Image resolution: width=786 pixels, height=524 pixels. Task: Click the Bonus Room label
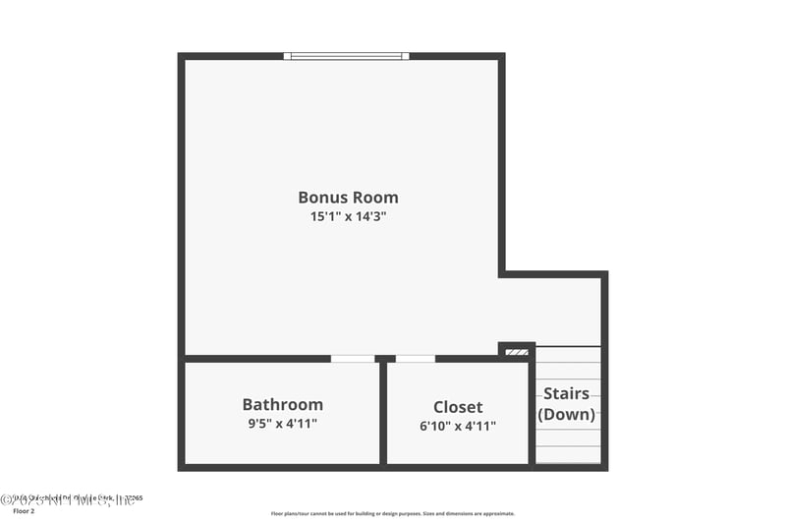[348, 197]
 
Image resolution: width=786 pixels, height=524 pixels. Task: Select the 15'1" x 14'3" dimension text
[348, 216]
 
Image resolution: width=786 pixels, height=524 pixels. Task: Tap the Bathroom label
[282, 404]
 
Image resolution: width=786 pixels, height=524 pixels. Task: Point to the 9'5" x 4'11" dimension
[282, 424]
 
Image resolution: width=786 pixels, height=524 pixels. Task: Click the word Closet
[458, 407]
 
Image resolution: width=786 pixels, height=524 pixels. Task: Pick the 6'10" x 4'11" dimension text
[458, 427]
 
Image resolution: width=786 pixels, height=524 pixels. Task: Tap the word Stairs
[567, 394]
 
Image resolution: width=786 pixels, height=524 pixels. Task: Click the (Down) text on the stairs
[567, 414]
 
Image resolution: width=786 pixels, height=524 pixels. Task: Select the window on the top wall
[347, 56]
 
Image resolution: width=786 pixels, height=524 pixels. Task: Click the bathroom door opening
[352, 359]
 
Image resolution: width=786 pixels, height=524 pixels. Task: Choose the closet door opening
[415, 359]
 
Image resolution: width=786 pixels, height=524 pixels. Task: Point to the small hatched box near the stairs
[516, 351]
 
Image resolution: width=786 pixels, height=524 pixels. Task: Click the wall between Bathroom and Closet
[383, 413]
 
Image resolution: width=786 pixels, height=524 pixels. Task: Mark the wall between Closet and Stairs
[533, 413]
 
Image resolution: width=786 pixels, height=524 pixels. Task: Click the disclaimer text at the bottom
[392, 513]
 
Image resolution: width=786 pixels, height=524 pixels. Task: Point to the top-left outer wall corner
[182, 57]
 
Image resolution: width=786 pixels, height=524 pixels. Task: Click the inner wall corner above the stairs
[502, 273]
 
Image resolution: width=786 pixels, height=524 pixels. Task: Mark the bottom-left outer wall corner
[182, 467]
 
